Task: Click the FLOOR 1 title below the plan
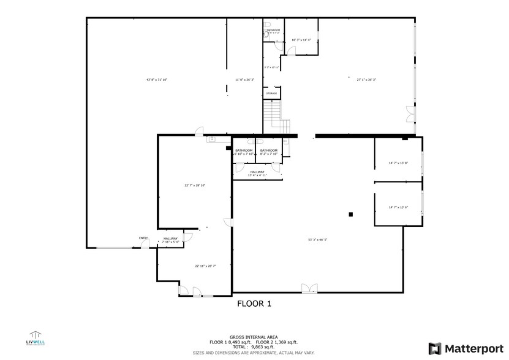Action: coord(254,303)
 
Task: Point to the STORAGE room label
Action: coord(271,94)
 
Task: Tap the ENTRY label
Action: coord(143,238)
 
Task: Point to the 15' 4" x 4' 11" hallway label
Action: coord(257,174)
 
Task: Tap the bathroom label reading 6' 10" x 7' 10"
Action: coord(244,152)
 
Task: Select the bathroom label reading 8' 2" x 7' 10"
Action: coord(268,152)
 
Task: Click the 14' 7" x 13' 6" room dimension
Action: coord(398,208)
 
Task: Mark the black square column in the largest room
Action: coord(351,214)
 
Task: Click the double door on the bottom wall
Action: coord(309,288)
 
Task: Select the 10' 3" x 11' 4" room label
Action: coord(301,40)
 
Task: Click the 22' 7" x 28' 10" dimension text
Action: coord(195,185)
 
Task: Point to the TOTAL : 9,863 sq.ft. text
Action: coord(254,347)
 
